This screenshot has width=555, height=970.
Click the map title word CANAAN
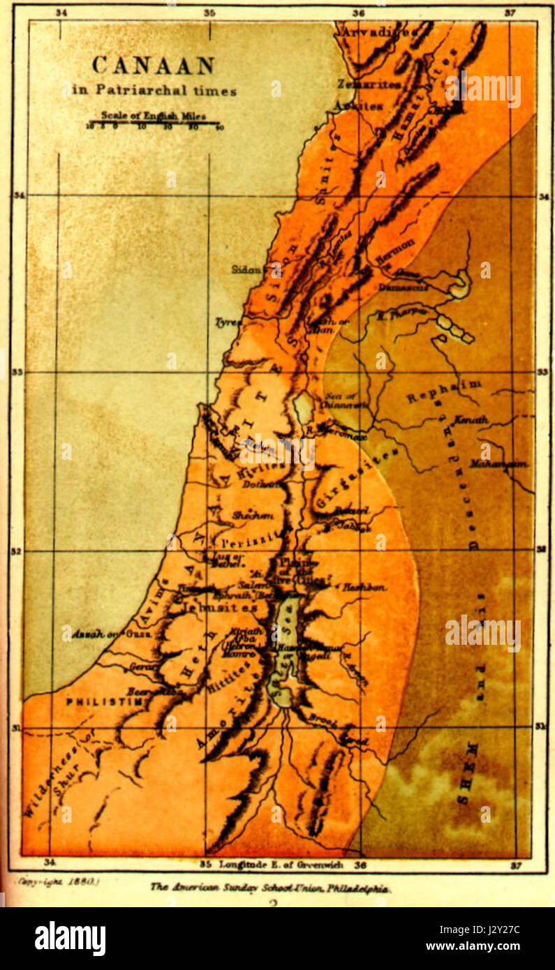(153, 66)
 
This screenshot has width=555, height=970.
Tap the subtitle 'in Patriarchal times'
(154, 90)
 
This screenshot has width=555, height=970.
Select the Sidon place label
(248, 269)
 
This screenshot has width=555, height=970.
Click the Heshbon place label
(364, 588)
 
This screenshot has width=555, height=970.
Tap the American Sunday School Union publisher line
(270, 888)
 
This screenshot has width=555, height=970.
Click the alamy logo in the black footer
(71, 939)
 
